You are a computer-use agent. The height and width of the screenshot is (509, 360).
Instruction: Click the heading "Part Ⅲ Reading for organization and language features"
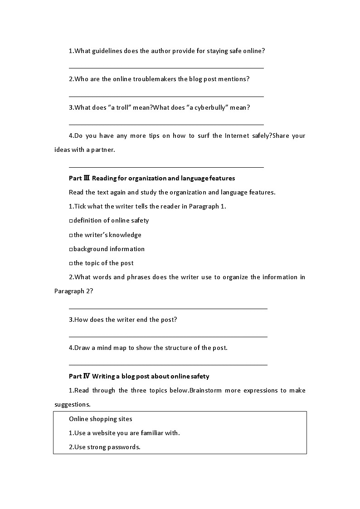(152, 178)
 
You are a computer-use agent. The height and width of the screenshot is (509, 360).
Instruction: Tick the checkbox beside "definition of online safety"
(71, 221)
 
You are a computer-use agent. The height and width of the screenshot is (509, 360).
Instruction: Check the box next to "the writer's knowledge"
(71, 235)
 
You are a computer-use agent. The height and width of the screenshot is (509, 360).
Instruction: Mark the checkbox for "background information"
(71, 249)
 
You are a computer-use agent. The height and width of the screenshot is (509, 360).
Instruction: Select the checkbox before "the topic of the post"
(71, 263)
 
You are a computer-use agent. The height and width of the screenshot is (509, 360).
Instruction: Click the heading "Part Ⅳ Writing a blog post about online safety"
(139, 376)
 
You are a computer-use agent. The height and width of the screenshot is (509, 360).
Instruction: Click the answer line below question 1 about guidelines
(166, 68)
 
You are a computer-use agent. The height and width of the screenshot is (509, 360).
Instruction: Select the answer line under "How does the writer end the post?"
(168, 336)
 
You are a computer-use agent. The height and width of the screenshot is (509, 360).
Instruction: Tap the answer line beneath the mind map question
(168, 364)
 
